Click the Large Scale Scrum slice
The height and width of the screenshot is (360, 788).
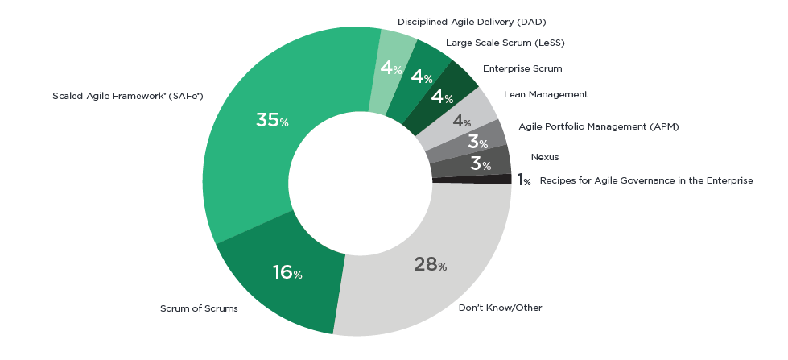[422, 78]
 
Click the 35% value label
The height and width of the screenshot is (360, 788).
[272, 121]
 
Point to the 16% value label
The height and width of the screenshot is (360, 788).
[287, 273]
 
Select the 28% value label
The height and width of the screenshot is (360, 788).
[430, 264]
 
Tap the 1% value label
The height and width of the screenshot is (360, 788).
[523, 180]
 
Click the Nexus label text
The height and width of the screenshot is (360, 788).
[545, 157]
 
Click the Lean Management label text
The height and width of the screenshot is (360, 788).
[546, 94]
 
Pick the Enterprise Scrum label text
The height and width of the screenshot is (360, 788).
[522, 68]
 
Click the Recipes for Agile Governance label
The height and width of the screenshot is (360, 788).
[646, 180]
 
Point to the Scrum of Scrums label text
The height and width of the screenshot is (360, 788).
[199, 308]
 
